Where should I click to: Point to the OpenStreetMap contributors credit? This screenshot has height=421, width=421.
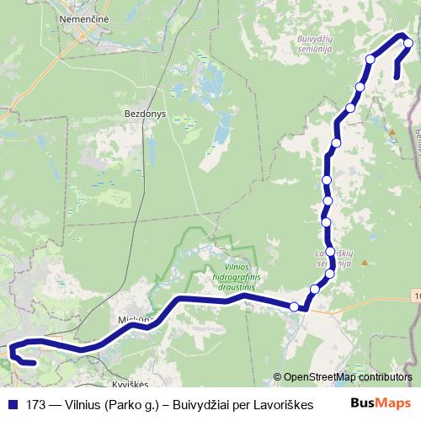[x=348, y=377]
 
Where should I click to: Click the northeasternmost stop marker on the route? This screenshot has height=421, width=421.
[x=408, y=44]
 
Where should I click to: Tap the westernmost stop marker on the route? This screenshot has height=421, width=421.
[x=294, y=306]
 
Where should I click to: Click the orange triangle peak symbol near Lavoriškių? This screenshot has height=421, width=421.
[x=364, y=262]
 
